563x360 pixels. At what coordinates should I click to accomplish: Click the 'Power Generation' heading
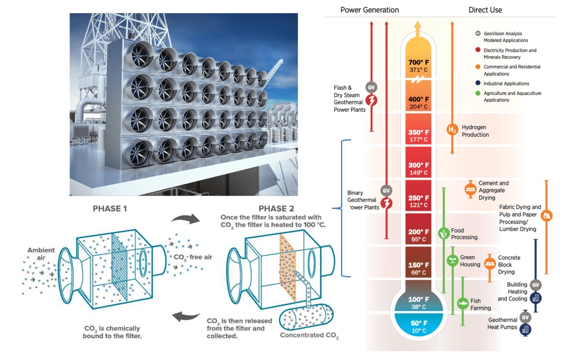coord(370,10)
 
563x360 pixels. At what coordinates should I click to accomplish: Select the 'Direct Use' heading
coord(485,10)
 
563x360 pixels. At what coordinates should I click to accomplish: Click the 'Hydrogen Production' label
coord(475,131)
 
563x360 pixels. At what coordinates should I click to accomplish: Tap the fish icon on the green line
coord(463,303)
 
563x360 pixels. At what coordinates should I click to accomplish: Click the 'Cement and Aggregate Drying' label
coord(494,190)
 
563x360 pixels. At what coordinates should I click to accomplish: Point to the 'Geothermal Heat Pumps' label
coord(502,323)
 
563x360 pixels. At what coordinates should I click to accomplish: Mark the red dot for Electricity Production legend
coord(478,51)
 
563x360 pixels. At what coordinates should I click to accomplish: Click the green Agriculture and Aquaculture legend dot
coord(478,94)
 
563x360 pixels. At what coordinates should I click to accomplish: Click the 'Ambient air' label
coord(41,254)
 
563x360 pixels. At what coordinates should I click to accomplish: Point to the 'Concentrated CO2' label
coord(309,335)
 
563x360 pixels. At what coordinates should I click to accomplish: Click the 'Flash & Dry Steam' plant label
coord(350,98)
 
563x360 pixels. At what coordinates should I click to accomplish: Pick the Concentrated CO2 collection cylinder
coord(307,317)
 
